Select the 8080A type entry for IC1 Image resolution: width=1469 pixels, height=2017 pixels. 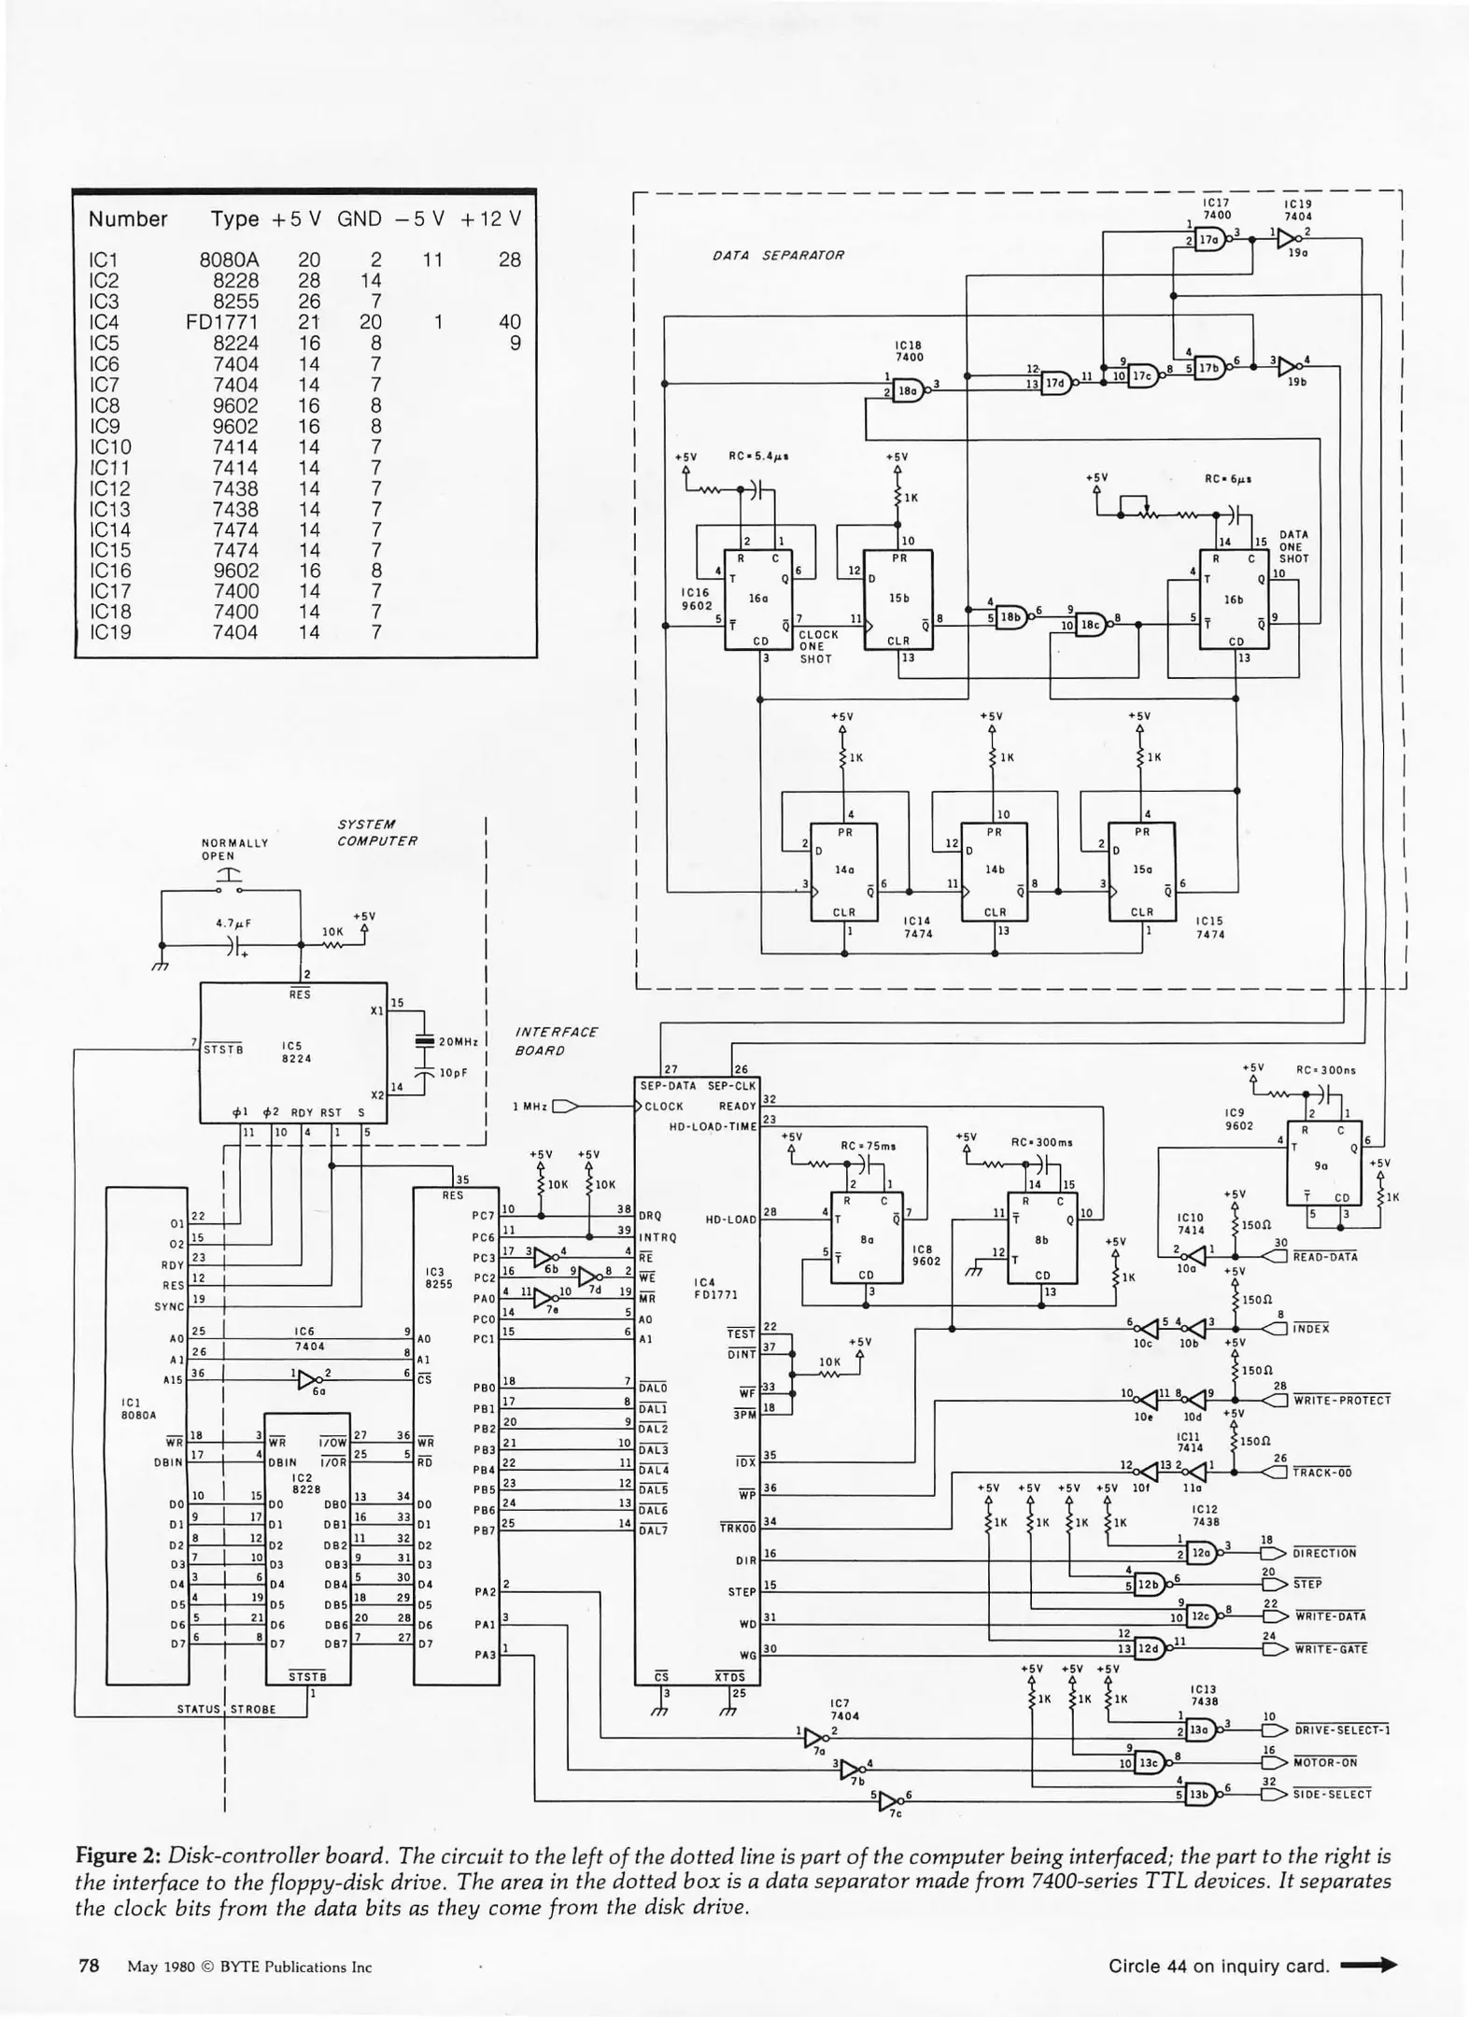(229, 260)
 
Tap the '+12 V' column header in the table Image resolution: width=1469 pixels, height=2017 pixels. (490, 219)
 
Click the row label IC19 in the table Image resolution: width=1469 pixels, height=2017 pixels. (109, 632)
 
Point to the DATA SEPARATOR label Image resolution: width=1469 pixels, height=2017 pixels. (777, 255)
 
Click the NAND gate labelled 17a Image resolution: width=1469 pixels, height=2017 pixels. (1209, 239)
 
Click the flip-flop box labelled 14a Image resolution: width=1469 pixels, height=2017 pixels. (844, 870)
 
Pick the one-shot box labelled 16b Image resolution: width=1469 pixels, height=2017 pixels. (1234, 599)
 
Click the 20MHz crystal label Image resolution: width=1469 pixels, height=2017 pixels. (458, 1041)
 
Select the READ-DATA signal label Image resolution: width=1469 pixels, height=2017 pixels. (1325, 1257)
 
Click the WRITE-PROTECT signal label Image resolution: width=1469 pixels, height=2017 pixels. (1342, 1401)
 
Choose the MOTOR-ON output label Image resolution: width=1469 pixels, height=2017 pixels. (1325, 1763)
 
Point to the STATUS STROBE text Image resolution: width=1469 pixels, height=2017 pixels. (227, 1710)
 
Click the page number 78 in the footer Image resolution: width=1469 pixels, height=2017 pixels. (89, 1966)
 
